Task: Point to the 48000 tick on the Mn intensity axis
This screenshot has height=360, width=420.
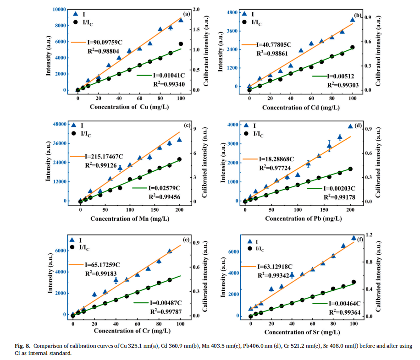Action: point(58,124)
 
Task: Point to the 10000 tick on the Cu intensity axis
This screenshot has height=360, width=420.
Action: point(59,9)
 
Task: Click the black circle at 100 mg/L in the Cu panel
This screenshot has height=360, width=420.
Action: point(181,44)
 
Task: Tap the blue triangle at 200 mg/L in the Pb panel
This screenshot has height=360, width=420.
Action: point(350,127)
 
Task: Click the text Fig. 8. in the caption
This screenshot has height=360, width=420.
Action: point(17,345)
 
